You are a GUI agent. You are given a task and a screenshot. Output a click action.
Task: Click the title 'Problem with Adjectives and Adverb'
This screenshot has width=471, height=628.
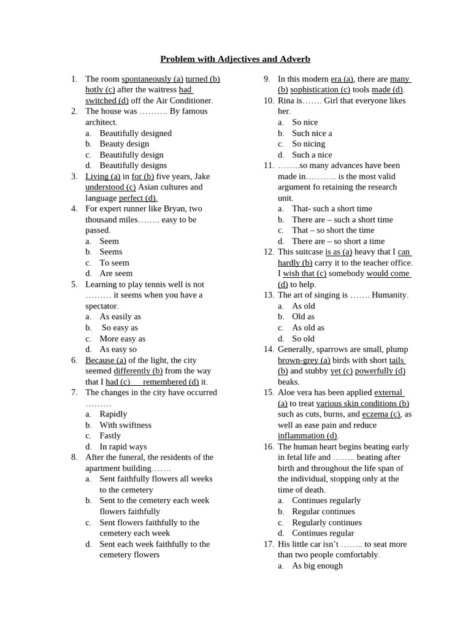click(235, 59)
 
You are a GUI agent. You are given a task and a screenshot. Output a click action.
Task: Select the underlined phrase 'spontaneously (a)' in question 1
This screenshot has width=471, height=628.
click(152, 79)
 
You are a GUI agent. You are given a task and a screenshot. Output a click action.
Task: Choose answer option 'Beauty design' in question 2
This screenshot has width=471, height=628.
click(124, 144)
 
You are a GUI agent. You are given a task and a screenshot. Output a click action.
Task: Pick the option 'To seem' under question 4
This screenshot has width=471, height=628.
click(115, 262)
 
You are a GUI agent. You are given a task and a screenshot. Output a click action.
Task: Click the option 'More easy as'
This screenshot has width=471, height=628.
click(123, 339)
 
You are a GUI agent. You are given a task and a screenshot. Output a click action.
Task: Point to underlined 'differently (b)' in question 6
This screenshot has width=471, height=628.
click(138, 371)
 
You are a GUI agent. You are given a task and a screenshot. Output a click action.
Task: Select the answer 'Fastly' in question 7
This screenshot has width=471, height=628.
click(110, 435)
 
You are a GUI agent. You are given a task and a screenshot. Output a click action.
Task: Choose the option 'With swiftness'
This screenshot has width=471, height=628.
click(126, 425)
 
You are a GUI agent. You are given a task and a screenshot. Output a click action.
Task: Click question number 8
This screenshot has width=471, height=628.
click(74, 457)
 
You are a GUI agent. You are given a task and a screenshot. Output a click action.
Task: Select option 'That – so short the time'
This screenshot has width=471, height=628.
click(333, 230)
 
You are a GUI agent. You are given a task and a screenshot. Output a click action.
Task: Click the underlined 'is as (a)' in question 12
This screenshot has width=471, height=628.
click(339, 251)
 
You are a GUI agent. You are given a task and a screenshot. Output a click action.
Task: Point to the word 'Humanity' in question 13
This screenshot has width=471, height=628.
click(389, 295)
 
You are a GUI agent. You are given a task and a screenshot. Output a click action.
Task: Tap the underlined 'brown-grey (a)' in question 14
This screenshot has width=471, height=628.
click(304, 360)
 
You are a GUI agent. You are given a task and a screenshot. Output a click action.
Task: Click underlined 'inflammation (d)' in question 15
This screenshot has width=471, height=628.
click(307, 435)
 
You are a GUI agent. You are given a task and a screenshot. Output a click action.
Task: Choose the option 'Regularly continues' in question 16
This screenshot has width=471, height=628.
click(327, 523)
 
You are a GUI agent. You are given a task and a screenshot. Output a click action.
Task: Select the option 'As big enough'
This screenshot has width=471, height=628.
click(317, 565)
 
